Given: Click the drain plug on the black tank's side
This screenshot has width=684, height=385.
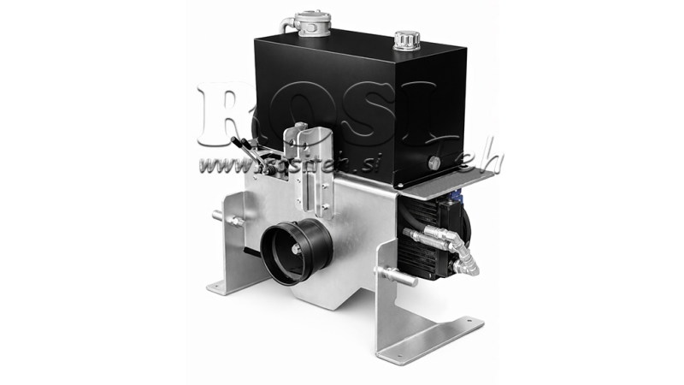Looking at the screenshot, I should (x=433, y=163).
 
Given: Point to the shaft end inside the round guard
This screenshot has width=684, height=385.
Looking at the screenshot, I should (x=294, y=250).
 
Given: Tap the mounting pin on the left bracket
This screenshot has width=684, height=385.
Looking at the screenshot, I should (x=233, y=220).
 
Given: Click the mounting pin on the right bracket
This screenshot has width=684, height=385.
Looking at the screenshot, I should (x=394, y=275).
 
